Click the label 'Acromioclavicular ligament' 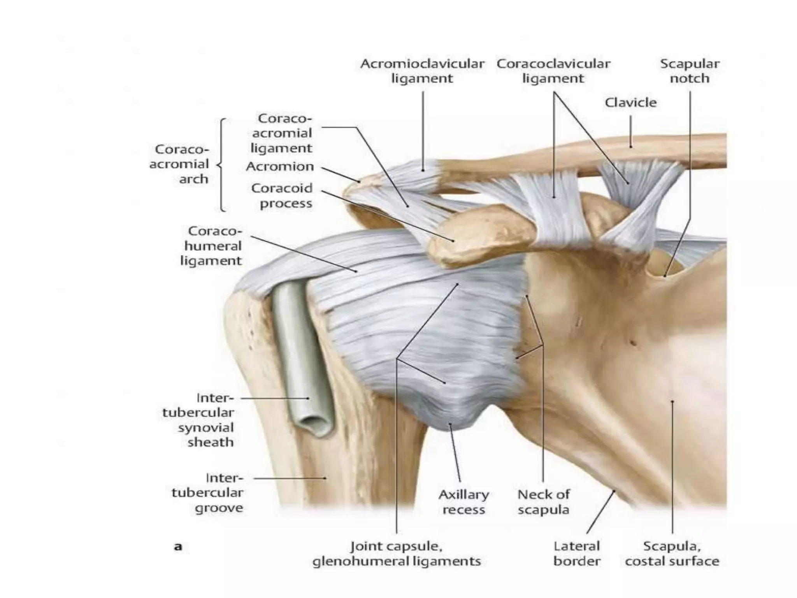click(422, 71)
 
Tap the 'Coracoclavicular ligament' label click(553, 71)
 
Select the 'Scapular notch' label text click(690, 71)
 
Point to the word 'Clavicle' click(630, 102)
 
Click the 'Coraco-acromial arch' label click(179, 164)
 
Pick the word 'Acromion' click(280, 166)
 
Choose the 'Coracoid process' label click(282, 195)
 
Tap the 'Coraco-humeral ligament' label click(211, 246)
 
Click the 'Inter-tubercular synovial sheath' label click(198, 420)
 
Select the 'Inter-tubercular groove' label click(208, 493)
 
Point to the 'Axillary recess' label click(464, 502)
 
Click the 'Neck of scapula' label click(544, 502)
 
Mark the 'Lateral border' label click(577, 554)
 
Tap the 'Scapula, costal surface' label click(672, 554)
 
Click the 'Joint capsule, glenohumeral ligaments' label click(397, 554)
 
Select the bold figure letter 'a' click(178, 547)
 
